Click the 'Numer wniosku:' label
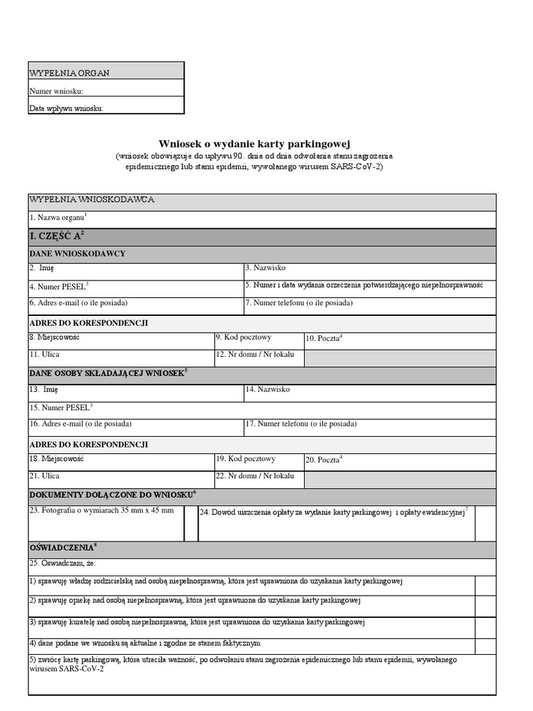pos(57,91)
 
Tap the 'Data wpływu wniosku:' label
pos(67,108)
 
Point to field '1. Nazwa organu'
pos(262,219)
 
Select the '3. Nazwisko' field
pos(369,271)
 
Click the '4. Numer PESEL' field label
pos(59,286)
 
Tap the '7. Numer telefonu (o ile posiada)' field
pos(369,306)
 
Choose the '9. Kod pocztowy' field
pos(258,340)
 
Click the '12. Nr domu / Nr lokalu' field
pos(258,358)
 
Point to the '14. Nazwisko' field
pos(369,393)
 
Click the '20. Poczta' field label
pos(323,460)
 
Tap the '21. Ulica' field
pos(121,479)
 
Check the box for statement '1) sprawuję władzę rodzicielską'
pos(485,585)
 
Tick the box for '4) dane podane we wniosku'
pos(485,646)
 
